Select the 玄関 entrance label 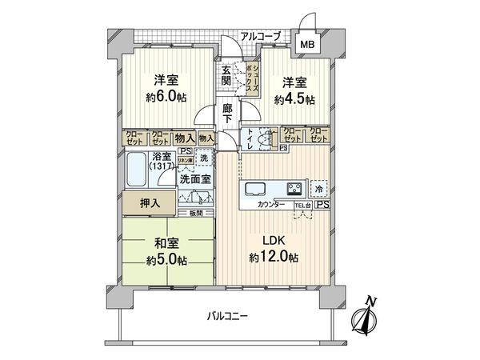(x=226, y=76)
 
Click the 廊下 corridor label (x=227, y=114)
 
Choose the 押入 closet (x=150, y=203)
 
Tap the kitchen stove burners (x=293, y=190)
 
